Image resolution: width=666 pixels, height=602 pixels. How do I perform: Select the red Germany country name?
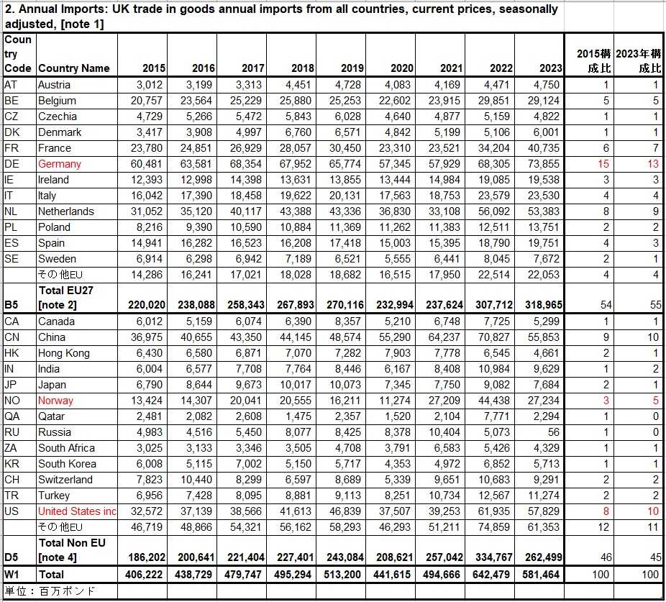60,164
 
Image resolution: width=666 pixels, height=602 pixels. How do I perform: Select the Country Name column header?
74,68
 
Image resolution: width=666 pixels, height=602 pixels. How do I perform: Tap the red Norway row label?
55,401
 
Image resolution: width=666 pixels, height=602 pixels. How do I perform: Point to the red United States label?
77,511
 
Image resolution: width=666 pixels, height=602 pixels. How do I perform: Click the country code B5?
12,305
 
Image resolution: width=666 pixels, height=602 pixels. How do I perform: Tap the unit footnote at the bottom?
50,591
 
